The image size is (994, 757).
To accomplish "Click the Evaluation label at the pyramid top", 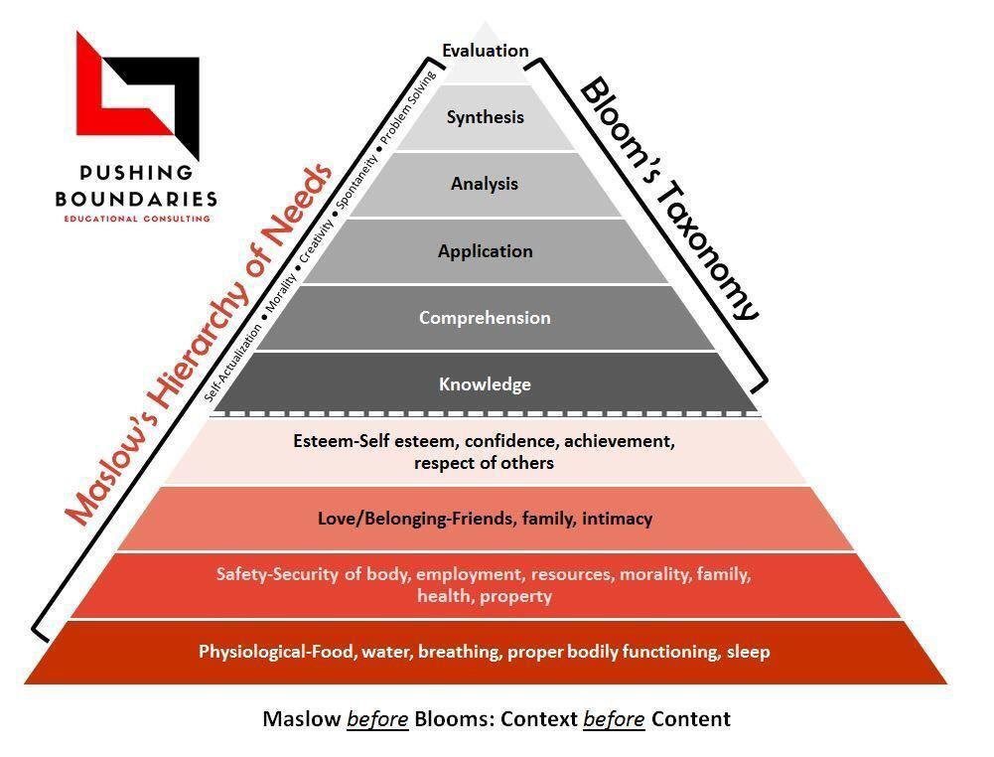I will (x=485, y=51).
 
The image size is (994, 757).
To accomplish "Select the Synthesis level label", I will (x=485, y=117).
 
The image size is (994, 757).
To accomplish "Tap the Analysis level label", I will (x=485, y=184).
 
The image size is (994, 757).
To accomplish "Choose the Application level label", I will (x=485, y=251).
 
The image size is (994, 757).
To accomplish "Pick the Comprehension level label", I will (x=485, y=318).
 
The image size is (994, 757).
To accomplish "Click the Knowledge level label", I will (x=485, y=384).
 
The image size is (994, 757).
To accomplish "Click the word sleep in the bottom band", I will (x=749, y=653).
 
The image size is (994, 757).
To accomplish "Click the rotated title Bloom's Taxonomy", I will (x=667, y=199).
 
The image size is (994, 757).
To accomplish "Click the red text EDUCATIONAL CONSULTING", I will (x=136, y=218).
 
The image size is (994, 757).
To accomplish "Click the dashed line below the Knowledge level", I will (x=485, y=412).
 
